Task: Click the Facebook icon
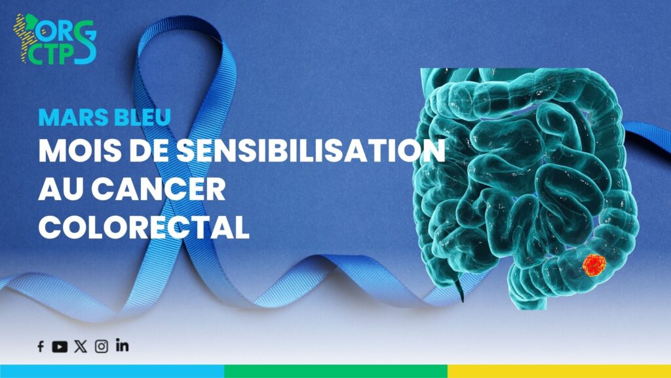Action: tap(41, 346)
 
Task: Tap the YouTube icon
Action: tap(60, 346)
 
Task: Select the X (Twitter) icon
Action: tap(81, 346)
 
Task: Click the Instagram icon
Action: tap(102, 346)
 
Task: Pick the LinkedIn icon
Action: tap(122, 345)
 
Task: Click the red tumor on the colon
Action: tap(594, 265)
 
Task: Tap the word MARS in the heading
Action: tap(70, 117)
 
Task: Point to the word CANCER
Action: tap(159, 188)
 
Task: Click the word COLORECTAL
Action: tap(144, 226)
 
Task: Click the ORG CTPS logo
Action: tap(55, 39)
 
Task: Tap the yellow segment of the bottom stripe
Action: tap(560, 371)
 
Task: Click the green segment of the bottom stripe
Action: tap(336, 371)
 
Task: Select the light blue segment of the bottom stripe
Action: tap(112, 371)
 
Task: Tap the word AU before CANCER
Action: tap(62, 188)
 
